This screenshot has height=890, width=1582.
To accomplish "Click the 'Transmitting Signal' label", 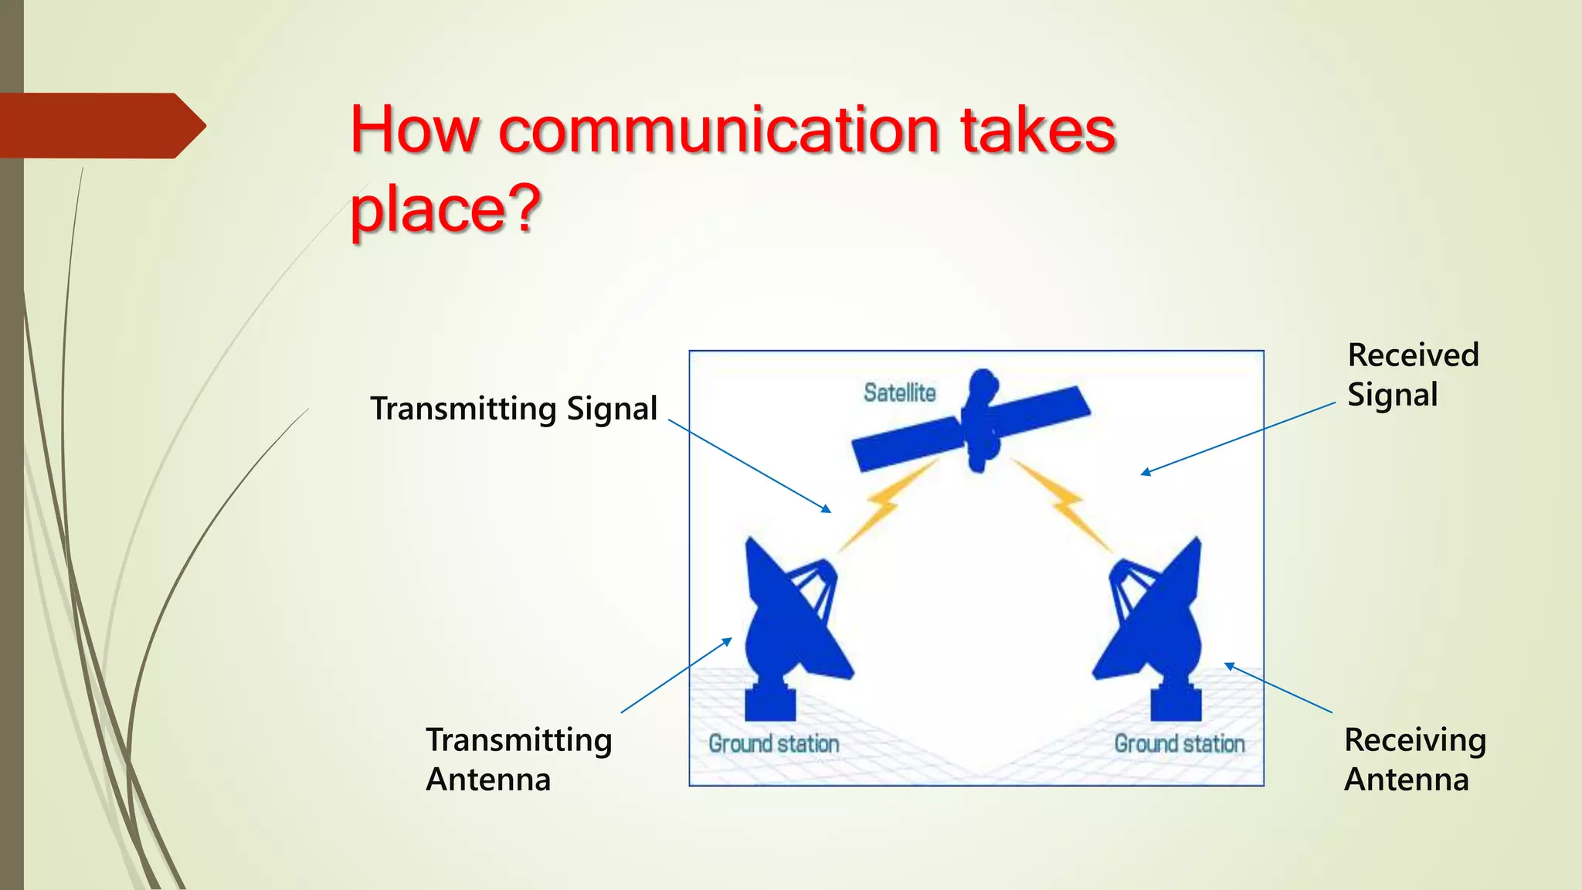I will (514, 409).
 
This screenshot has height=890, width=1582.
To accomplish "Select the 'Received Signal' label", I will (1412, 375).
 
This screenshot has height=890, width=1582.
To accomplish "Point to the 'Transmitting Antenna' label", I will (518, 759).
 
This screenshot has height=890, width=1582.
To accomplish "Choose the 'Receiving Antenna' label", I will (1414, 759).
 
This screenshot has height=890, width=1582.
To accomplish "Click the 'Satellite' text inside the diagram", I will (899, 392).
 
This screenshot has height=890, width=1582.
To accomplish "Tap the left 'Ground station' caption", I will (774, 743).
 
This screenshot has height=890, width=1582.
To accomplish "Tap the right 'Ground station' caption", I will (1179, 743).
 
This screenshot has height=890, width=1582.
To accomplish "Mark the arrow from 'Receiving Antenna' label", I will (1278, 688).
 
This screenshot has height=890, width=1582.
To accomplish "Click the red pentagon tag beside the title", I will (97, 125).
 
